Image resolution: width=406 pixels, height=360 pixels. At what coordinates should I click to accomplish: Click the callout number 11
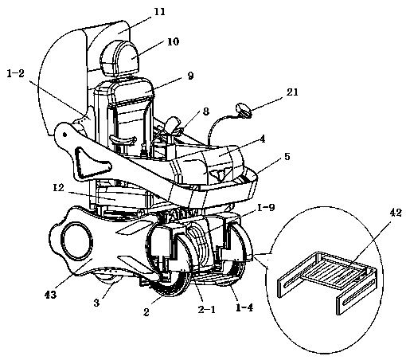tap(159, 12)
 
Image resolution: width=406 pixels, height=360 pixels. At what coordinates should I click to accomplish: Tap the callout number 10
tap(174, 41)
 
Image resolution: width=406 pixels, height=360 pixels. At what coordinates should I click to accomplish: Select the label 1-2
tap(15, 73)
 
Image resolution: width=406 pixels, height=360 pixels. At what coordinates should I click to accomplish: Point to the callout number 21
tap(292, 92)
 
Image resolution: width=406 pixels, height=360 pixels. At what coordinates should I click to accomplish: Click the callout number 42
tap(396, 213)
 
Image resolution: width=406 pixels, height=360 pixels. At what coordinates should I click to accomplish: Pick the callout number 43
tap(50, 295)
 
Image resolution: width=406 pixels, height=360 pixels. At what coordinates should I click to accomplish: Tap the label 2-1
tap(207, 309)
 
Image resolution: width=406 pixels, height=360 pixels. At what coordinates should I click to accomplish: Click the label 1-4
tap(244, 307)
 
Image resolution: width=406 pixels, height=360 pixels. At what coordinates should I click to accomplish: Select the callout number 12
tap(58, 188)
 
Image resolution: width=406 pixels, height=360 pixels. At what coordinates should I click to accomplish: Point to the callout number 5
tap(287, 156)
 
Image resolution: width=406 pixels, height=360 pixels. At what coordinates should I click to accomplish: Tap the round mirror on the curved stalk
tap(244, 110)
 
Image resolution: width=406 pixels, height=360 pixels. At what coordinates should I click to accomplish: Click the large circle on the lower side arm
tap(77, 241)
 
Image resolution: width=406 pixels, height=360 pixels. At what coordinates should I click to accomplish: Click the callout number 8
tap(206, 112)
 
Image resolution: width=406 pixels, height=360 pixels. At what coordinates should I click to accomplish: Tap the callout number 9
tap(190, 76)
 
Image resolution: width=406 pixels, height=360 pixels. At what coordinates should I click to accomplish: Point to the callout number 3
tap(96, 303)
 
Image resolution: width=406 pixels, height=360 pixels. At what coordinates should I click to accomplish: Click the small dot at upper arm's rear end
tap(64, 135)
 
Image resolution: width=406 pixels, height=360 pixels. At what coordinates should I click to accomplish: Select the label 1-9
tap(266, 208)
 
